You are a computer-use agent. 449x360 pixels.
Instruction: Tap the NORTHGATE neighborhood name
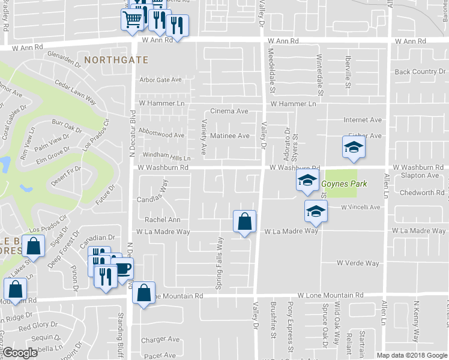tap(116, 61)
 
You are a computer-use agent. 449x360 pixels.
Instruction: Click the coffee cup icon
tap(123, 268)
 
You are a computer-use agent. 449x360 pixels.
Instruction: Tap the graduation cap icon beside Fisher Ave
tap(354, 147)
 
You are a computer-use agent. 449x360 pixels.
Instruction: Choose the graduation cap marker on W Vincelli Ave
tap(316, 211)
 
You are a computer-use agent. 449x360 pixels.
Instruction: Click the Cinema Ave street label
tap(229, 112)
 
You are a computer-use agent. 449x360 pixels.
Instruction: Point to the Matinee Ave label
tap(229, 136)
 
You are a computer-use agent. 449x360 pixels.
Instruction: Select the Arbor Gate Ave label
tap(160, 80)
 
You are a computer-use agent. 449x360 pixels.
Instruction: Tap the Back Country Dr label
tap(420, 72)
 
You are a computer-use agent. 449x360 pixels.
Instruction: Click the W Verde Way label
tap(358, 263)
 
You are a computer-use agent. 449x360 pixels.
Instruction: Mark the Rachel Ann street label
tap(158, 220)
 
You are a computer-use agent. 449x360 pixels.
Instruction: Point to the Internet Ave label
tap(363, 120)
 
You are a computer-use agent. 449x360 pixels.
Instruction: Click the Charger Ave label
tap(160, 340)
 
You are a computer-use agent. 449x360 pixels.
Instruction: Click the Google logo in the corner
tap(20, 353)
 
